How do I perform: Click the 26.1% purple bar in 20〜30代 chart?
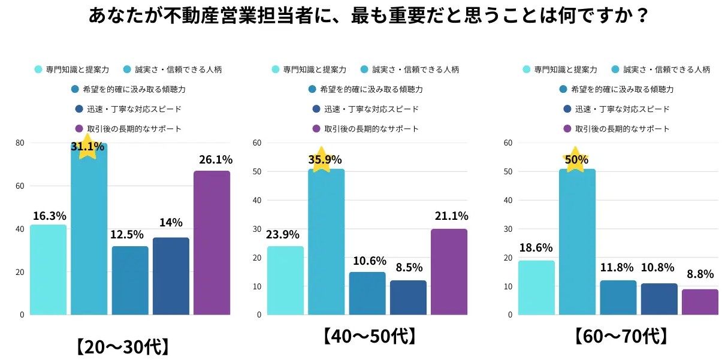(x=212, y=243)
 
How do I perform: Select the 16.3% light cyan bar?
(x=48, y=270)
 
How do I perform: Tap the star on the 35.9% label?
(x=321, y=159)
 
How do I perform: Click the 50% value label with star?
(x=575, y=160)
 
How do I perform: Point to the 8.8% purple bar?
(x=700, y=302)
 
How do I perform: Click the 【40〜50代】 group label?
(x=370, y=336)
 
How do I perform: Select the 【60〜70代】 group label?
(x=620, y=336)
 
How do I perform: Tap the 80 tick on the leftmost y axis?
(x=20, y=143)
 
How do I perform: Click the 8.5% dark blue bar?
(x=408, y=297)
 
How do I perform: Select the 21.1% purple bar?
(x=449, y=271)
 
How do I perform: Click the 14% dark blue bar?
(x=171, y=276)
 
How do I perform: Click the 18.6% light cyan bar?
(x=536, y=288)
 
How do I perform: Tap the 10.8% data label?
(x=658, y=267)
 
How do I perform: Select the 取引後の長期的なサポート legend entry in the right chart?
(x=617, y=129)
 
